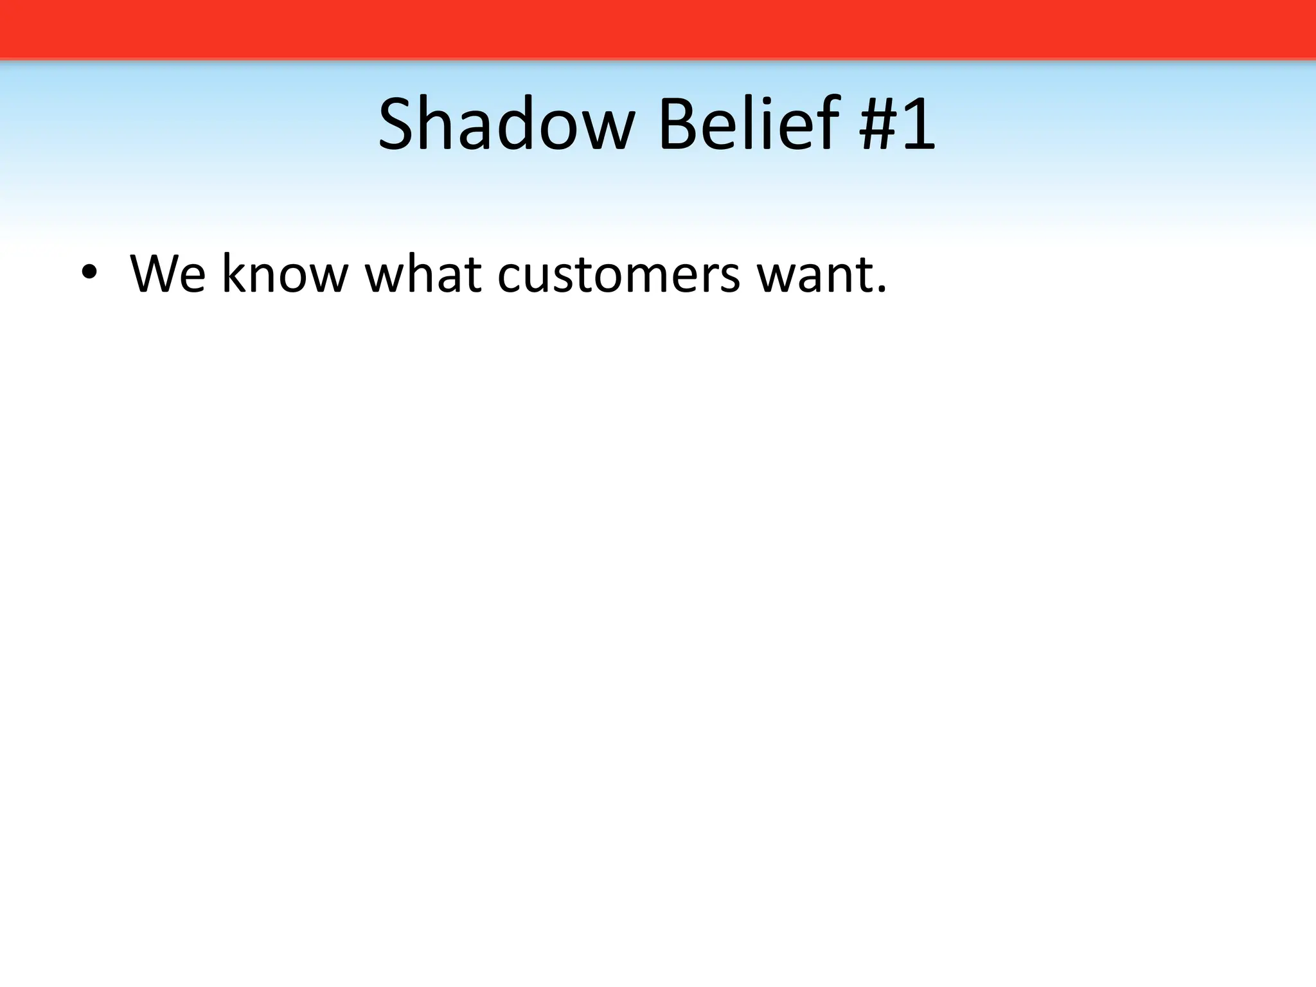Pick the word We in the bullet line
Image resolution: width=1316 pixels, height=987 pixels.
click(x=168, y=274)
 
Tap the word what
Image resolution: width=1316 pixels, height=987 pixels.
click(x=423, y=274)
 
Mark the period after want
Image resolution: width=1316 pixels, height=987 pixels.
click(x=881, y=290)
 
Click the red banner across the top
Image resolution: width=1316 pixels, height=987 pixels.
click(x=658, y=29)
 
